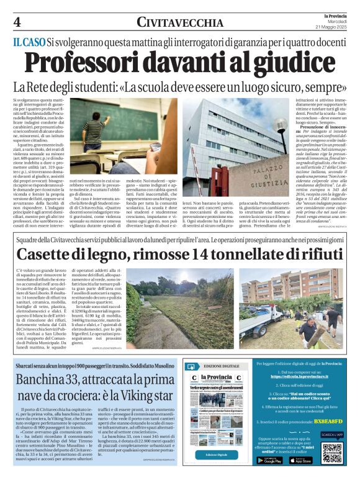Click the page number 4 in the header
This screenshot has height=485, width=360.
[x=16, y=23]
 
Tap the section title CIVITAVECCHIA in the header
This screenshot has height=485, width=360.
[x=180, y=23]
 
